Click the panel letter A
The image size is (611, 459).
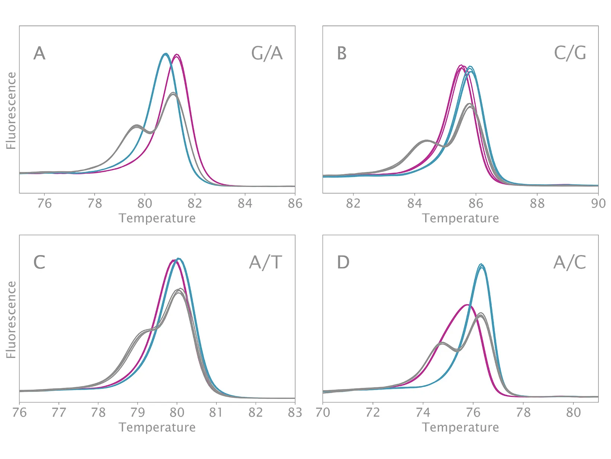pyautogui.click(x=39, y=53)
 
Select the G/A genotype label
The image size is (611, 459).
pyautogui.click(x=267, y=53)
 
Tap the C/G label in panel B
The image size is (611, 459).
pyautogui.click(x=570, y=53)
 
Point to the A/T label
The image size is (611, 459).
pyautogui.click(x=266, y=262)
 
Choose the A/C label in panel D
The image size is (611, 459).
pyautogui.click(x=570, y=262)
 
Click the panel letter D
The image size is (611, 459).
pyautogui.click(x=343, y=262)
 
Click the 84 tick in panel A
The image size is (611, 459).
pyautogui.click(x=245, y=203)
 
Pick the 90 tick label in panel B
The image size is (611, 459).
pyautogui.click(x=598, y=203)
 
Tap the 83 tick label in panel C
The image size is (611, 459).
pyautogui.click(x=295, y=412)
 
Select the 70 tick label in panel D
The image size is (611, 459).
pyautogui.click(x=323, y=412)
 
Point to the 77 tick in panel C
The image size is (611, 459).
pyautogui.click(x=59, y=412)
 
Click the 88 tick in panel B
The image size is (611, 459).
pyautogui.click(x=537, y=203)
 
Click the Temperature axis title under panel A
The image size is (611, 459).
pyautogui.click(x=157, y=218)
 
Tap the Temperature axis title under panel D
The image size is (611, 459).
pyautogui.click(x=460, y=427)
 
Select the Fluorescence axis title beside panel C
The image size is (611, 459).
pyautogui.click(x=11, y=320)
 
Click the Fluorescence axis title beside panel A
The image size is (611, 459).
pyautogui.click(x=11, y=111)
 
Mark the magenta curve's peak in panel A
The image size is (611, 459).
pyautogui.click(x=177, y=55)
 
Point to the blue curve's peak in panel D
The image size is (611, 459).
pyautogui.click(x=481, y=265)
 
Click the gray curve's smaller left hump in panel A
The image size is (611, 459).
pyautogui.click(x=136, y=126)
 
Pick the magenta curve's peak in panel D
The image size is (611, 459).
pyautogui.click(x=467, y=305)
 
